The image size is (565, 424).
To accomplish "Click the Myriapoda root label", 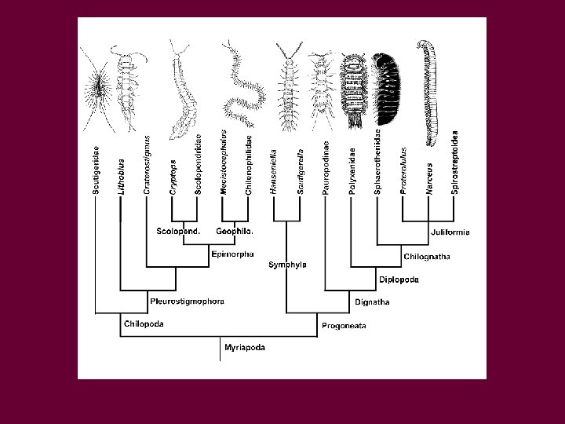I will coord(244,346).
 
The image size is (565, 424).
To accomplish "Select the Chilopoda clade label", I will coord(144,323).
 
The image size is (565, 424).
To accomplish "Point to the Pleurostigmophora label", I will coord(187,301).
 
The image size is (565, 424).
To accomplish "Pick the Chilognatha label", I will coord(427,256).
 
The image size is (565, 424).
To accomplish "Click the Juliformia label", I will coord(450,232).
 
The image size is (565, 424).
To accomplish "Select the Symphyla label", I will coord(287,265).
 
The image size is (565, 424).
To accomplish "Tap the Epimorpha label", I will coord(232,254).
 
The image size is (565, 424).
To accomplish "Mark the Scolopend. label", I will coord(178,232).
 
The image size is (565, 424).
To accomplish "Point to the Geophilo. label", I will coord(235,232).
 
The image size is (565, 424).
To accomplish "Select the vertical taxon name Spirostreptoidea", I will coord(455,163).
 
